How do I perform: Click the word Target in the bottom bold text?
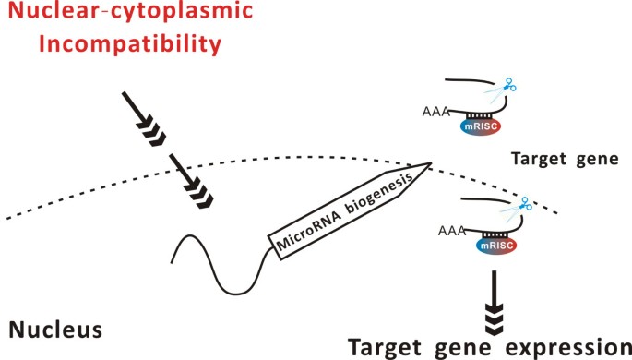click(x=391, y=345)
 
